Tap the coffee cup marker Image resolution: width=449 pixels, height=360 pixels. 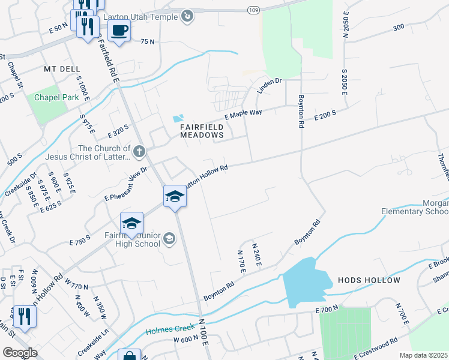[119, 29]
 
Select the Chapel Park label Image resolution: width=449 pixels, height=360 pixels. [56, 97]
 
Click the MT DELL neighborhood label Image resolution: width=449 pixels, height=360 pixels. [62, 69]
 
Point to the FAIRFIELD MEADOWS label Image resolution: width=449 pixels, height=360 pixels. [202, 131]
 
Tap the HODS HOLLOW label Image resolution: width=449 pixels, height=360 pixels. [369, 280]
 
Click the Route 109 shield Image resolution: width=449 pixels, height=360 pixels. [253, 10]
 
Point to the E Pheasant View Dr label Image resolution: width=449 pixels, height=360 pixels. [125, 185]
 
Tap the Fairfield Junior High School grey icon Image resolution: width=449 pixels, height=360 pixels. [170, 239]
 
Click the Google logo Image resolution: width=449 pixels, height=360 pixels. [19, 353]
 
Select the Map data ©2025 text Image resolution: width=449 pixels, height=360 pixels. [423, 355]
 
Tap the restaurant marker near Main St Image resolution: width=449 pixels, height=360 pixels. [24, 316]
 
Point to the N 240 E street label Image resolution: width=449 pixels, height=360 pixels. [257, 255]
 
